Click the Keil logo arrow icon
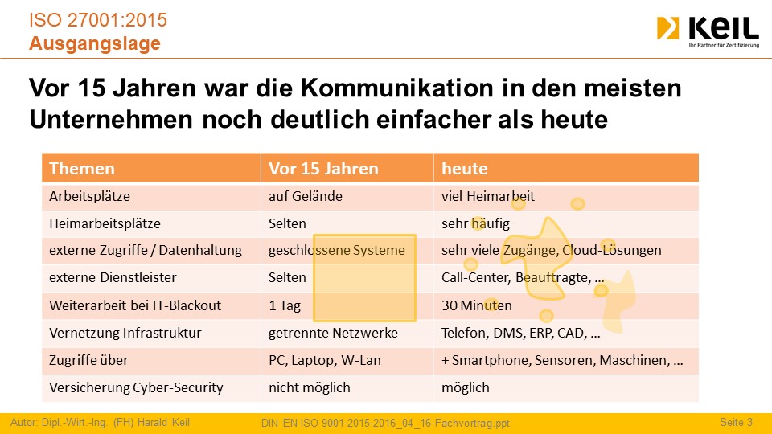(x=667, y=28)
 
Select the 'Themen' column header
(x=82, y=168)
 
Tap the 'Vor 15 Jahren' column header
(x=323, y=168)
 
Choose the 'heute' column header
(x=464, y=168)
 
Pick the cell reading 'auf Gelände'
(x=306, y=196)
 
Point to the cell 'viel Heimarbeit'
(x=488, y=196)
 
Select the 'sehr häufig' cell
(x=475, y=223)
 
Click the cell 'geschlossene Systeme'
(x=337, y=250)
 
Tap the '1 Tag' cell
(x=285, y=305)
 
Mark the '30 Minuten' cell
(x=477, y=305)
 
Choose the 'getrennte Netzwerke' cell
(x=333, y=333)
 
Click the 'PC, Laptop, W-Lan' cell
(x=325, y=360)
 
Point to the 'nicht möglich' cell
(x=310, y=387)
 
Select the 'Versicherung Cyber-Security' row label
(x=137, y=387)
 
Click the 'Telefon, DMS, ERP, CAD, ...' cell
(x=521, y=333)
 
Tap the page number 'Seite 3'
(x=736, y=422)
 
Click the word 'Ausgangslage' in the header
(x=95, y=43)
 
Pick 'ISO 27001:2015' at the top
(x=98, y=20)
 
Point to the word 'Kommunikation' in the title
(x=396, y=88)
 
